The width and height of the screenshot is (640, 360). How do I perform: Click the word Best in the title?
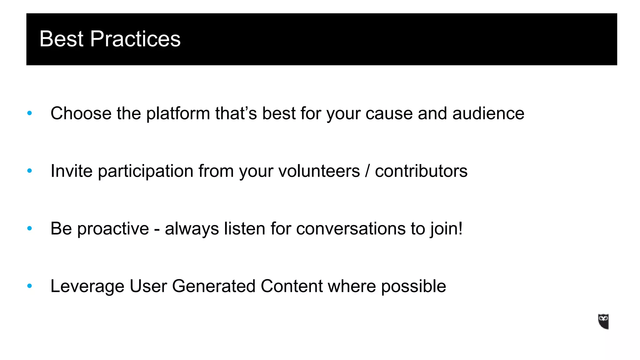coord(62,39)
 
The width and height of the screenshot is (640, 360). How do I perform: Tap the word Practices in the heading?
coord(135,39)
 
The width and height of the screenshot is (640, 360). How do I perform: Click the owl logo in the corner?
coord(603,322)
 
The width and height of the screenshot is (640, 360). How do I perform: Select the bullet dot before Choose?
coord(30,113)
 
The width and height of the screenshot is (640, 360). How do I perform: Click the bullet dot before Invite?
coord(30,171)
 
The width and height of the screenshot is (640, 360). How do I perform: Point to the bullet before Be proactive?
coord(30,228)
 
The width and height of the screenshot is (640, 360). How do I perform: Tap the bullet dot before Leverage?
coord(30,286)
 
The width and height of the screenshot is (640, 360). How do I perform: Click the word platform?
coord(178,114)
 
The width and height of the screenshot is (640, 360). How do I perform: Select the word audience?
coord(488,113)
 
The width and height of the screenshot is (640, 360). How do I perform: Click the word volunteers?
coord(319,171)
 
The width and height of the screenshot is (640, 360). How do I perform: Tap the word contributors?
coord(421,171)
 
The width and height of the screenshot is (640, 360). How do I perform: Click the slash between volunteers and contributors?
coord(367,171)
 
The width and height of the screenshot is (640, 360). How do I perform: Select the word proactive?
coord(113,229)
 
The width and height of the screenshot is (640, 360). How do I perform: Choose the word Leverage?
coord(87,287)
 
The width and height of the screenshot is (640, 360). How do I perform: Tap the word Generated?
coord(214,286)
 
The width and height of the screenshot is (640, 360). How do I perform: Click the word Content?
coord(292,286)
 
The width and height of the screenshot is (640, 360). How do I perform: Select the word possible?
coord(413,287)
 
